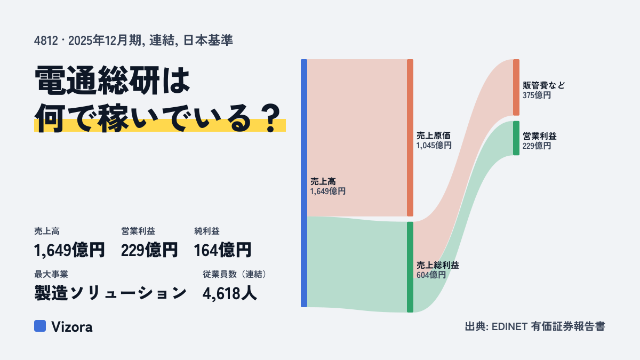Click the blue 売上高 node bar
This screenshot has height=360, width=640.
coord(304,183)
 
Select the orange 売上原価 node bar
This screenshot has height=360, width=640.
coord(410,138)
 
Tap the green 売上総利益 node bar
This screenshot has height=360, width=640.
coord(410,267)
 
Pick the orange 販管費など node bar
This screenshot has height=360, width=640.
coord(516,87)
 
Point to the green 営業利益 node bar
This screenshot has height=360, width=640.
coord(516,138)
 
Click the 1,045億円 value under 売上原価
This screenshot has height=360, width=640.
coord(434,146)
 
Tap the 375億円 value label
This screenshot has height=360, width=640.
coord(537,95)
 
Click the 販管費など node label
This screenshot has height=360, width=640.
coord(543,85)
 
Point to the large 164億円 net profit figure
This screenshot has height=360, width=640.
coord(222,250)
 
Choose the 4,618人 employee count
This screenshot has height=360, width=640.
coord(230,293)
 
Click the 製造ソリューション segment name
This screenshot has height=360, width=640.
coord(110,293)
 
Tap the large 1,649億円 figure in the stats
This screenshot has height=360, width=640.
coord(69,250)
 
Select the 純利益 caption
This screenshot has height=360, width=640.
coord(207,231)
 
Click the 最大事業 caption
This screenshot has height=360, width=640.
coord(51,274)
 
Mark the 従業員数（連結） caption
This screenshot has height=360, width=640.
coord(235,274)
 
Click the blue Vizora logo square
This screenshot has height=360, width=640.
coord(40,326)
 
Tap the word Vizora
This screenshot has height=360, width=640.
coord(72,327)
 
